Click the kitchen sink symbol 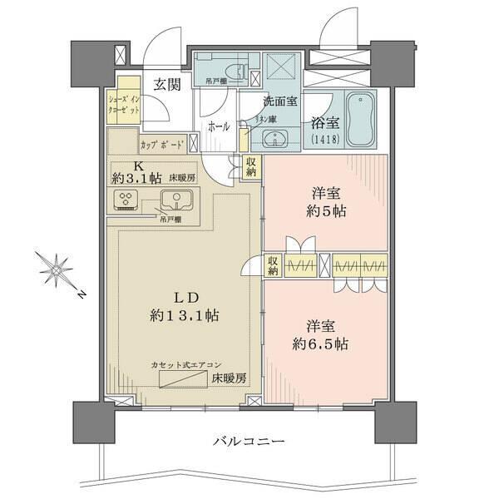(x=177, y=200)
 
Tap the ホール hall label (x=219, y=127)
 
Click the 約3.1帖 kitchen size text (x=138, y=178)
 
